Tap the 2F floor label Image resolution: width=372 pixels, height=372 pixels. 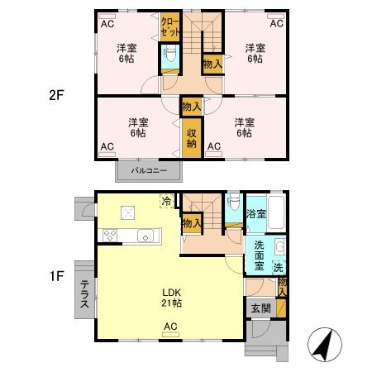coord(55,94)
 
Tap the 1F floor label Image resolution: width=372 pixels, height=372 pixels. coord(55,276)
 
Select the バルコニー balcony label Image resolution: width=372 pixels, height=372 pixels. coord(149,171)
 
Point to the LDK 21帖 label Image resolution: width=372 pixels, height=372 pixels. coord(171,298)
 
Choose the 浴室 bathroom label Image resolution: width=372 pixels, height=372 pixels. coord(255,213)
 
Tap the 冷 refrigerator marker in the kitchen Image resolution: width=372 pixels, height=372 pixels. coord(167,200)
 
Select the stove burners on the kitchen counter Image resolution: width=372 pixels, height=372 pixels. coord(109,236)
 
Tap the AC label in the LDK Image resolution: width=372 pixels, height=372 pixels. coord(170,327)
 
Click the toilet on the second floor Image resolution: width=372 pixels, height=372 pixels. coord(169,56)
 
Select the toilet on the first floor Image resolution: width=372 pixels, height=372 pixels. coord(234,203)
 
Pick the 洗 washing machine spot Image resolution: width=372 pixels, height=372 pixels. coord(279,267)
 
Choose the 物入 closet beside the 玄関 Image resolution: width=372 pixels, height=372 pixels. coord(282,287)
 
